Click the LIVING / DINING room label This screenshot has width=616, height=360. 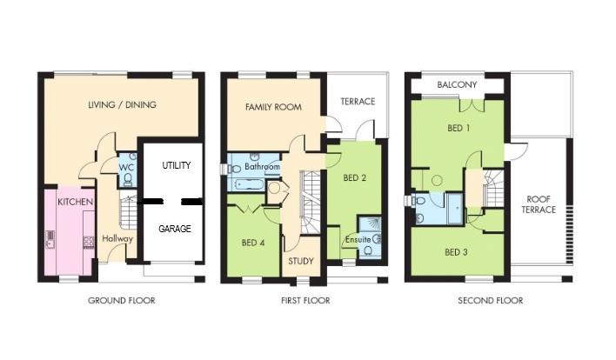tap(122, 105)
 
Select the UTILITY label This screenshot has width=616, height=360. tap(177, 165)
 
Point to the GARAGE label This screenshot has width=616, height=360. tap(175, 229)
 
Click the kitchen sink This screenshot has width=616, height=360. tap(50, 239)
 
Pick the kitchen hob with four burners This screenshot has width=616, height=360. tap(89, 242)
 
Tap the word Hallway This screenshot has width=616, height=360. tap(117, 238)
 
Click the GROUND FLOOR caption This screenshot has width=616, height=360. tap(122, 301)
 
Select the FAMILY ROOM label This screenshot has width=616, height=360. tap(273, 107)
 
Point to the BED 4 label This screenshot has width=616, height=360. tap(253, 243)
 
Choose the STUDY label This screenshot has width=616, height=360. tap(301, 261)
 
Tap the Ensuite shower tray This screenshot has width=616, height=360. tap(369, 225)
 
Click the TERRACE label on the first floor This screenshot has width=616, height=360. tap(358, 102)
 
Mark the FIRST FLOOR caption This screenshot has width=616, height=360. tap(305, 301)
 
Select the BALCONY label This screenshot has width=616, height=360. tap(457, 84)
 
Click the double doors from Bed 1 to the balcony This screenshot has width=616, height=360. tap(471, 105)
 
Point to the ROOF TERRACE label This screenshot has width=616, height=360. tap(539, 204)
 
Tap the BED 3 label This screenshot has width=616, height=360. tap(457, 252)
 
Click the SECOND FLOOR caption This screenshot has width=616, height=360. tap(491, 301)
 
